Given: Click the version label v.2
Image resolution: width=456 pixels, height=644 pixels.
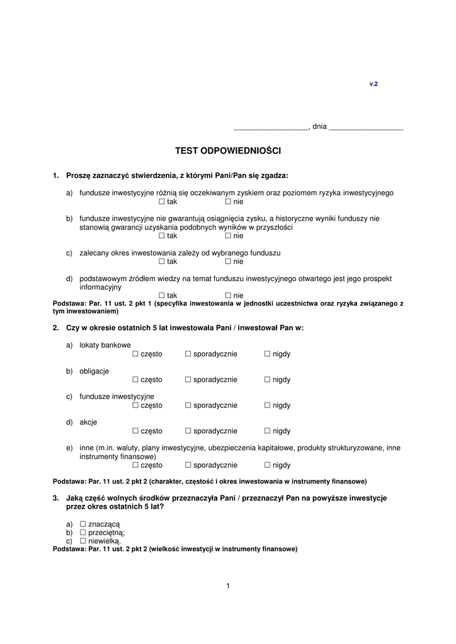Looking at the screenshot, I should tap(373, 84).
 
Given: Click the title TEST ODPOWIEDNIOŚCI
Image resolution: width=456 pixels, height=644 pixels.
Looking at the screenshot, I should tap(227, 151).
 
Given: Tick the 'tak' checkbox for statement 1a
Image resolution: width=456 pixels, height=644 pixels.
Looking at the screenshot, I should tap(162, 202).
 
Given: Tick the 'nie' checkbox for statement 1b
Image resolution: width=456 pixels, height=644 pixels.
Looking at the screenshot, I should tap(228, 236).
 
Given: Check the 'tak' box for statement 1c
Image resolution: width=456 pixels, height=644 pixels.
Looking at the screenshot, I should tap(162, 262).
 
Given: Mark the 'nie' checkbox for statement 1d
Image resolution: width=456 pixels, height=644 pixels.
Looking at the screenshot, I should tap(228, 296).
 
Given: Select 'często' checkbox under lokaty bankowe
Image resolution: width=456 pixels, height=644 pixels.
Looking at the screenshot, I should tap(135, 354).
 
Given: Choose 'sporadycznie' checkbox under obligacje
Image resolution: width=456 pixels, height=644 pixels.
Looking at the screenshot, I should tap(188, 380).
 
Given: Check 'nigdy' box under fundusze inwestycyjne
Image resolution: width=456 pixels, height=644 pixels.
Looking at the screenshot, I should tap(267, 406).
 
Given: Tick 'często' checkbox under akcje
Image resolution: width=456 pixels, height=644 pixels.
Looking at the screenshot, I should tap(135, 431).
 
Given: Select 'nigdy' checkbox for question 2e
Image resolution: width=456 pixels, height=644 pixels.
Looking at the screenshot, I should tap(267, 465).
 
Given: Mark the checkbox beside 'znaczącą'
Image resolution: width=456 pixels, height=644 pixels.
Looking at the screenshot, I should tap(83, 524).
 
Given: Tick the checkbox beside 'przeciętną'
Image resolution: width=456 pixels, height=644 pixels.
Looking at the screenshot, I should tap(83, 532).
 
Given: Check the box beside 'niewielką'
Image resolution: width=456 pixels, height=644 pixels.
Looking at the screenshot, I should tap(83, 540).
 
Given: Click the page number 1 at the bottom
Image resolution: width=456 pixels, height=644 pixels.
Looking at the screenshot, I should tap(228, 586).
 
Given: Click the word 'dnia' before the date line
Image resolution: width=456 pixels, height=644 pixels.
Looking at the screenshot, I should tap(319, 126).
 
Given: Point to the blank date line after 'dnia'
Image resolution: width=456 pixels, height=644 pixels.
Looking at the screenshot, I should tap(366, 128).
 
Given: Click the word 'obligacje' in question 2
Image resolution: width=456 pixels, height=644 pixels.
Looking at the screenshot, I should tap(94, 371).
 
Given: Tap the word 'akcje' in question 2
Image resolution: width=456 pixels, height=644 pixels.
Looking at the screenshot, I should tap(88, 423).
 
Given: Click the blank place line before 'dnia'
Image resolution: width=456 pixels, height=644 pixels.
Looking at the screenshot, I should tap(270, 128).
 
